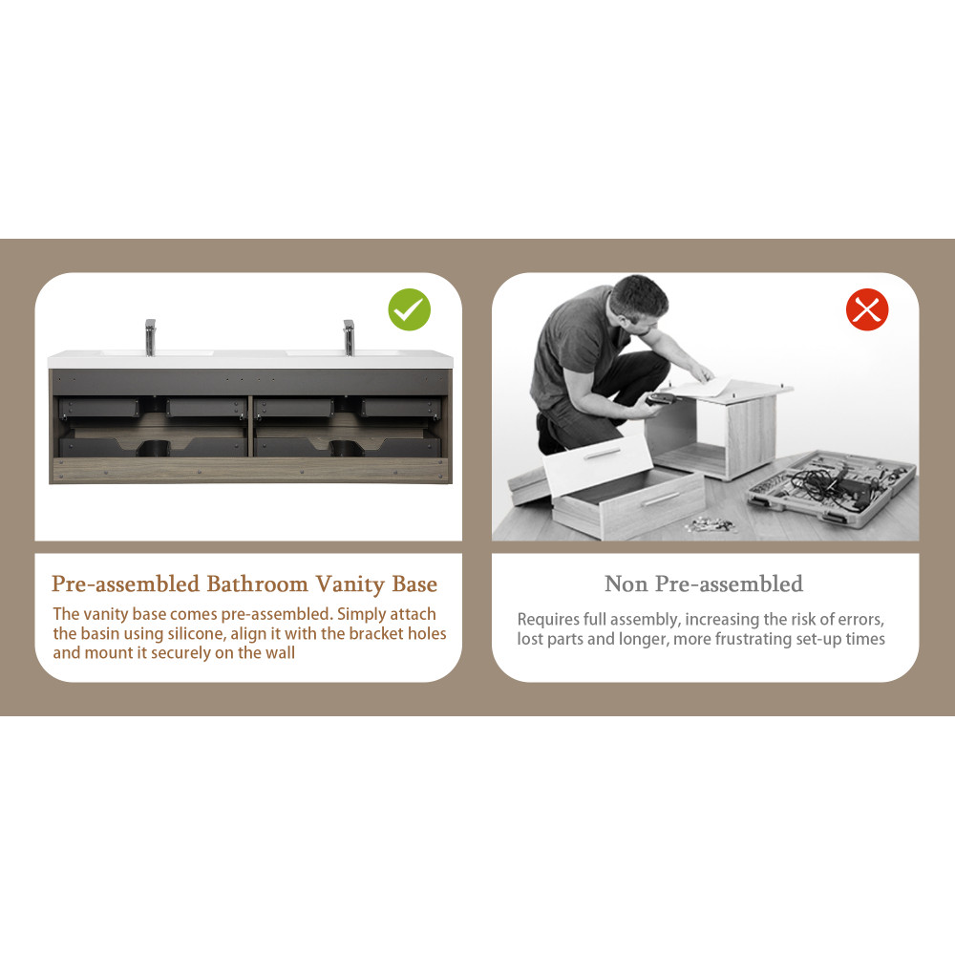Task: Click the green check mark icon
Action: click(x=410, y=309)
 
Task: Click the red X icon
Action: click(x=867, y=309)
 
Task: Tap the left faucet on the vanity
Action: click(x=151, y=337)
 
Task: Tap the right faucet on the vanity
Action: click(x=349, y=337)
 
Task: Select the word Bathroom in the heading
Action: click(x=257, y=584)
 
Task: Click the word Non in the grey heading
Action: click(x=626, y=584)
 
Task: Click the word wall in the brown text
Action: click(x=280, y=653)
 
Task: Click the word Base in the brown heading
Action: click(x=414, y=584)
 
